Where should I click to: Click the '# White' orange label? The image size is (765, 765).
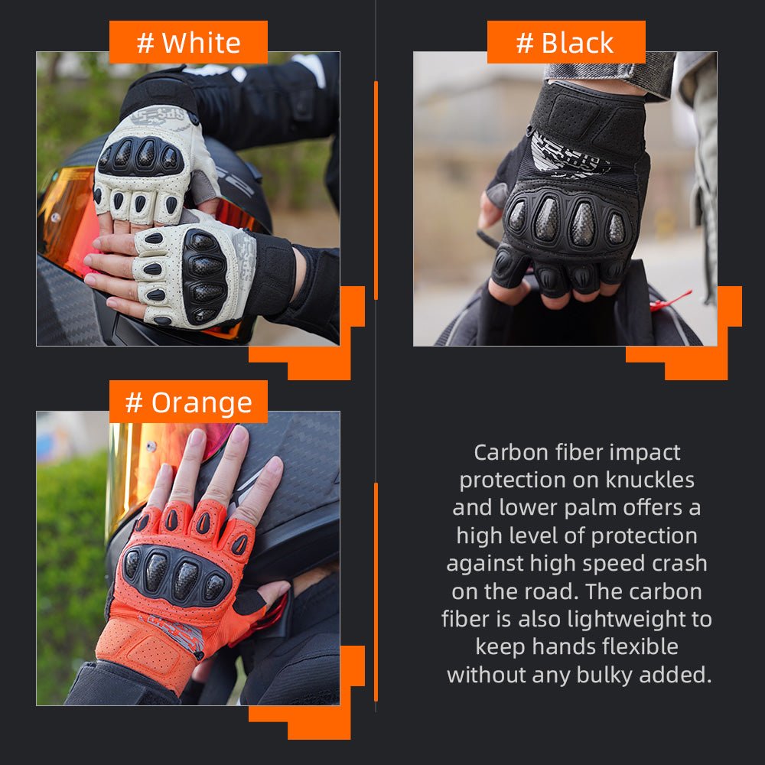[188, 43]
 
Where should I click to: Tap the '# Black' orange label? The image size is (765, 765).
[566, 43]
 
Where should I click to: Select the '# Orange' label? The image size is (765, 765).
[188, 402]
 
